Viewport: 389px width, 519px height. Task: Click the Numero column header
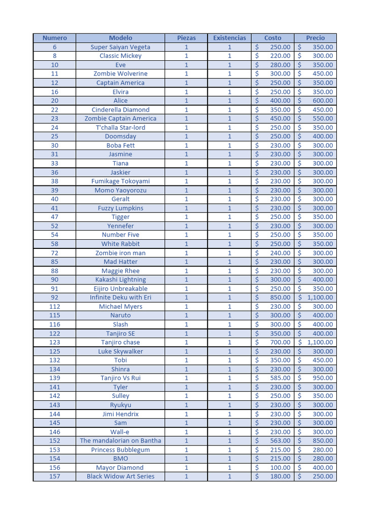(54, 38)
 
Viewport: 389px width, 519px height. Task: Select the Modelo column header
(120, 38)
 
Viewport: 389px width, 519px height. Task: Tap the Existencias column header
(229, 38)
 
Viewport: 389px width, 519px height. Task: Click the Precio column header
(315, 38)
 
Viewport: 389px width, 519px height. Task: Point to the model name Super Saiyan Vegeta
(120, 47)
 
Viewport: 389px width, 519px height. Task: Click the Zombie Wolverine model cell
(120, 74)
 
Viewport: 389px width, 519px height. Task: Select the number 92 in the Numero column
(54, 298)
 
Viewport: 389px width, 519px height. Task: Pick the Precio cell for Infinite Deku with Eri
(316, 298)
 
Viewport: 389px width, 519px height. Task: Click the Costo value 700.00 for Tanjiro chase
(273, 342)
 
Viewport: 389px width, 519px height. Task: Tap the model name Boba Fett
(120, 145)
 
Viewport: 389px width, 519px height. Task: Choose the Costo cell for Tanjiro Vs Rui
(273, 378)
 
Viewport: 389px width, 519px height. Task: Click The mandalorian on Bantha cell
(120, 440)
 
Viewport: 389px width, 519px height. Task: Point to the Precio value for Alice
(316, 101)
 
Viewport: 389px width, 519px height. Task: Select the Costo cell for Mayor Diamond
(273, 467)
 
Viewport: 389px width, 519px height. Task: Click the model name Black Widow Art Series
(120, 476)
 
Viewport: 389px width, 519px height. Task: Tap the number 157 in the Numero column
(54, 476)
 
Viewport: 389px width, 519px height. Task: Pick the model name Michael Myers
(120, 307)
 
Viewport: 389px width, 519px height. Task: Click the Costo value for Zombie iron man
(273, 253)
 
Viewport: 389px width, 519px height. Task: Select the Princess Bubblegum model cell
(120, 450)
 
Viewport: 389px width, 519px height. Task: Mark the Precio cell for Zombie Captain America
(316, 119)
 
